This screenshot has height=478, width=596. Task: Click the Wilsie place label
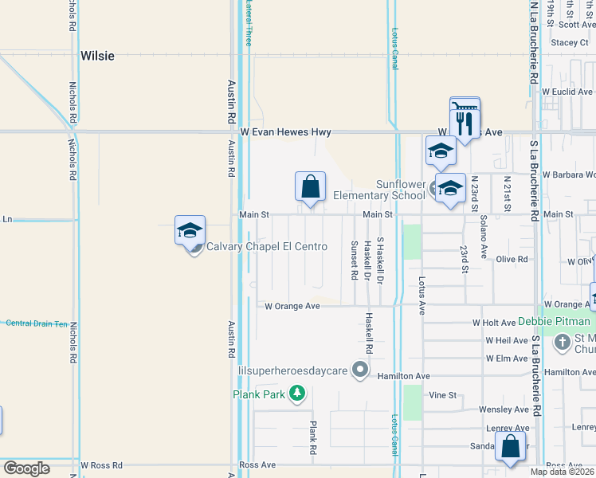[x=97, y=57]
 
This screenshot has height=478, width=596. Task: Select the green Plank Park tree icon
[x=297, y=393]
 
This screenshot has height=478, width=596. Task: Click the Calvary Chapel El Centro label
[x=267, y=247]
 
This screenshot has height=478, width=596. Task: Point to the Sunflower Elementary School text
[x=378, y=190]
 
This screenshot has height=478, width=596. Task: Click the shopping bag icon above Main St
[x=311, y=187]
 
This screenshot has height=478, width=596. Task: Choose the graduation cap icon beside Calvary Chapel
[x=190, y=231]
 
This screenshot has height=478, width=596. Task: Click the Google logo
[x=26, y=468]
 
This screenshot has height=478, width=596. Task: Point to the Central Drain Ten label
[x=37, y=323]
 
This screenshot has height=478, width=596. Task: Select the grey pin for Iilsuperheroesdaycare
[x=360, y=369]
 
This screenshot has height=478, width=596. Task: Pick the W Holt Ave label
[x=494, y=323]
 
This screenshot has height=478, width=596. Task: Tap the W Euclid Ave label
[x=569, y=92]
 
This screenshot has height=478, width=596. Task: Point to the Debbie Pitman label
[x=555, y=322]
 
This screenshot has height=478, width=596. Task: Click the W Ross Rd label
[x=101, y=465]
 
